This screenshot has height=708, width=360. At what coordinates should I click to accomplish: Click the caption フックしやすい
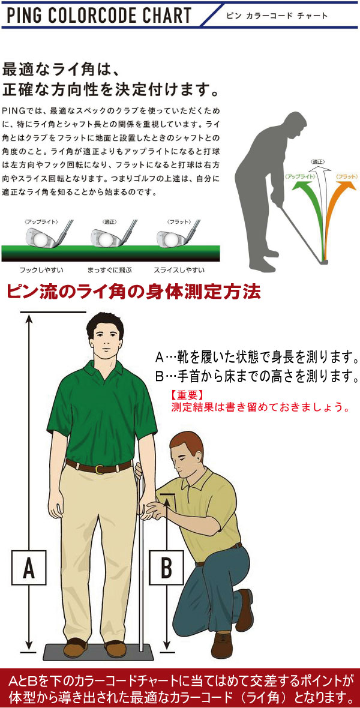pyautogui.click(x=41, y=270)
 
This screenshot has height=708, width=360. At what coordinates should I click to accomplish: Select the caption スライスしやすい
pyautogui.click(x=179, y=270)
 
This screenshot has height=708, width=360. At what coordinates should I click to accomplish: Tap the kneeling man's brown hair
pyautogui.click(x=186, y=442)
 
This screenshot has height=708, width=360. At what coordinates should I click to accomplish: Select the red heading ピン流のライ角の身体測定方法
pyautogui.click(x=133, y=293)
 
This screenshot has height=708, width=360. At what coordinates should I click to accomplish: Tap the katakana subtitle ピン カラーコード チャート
pyautogui.click(x=275, y=16)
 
